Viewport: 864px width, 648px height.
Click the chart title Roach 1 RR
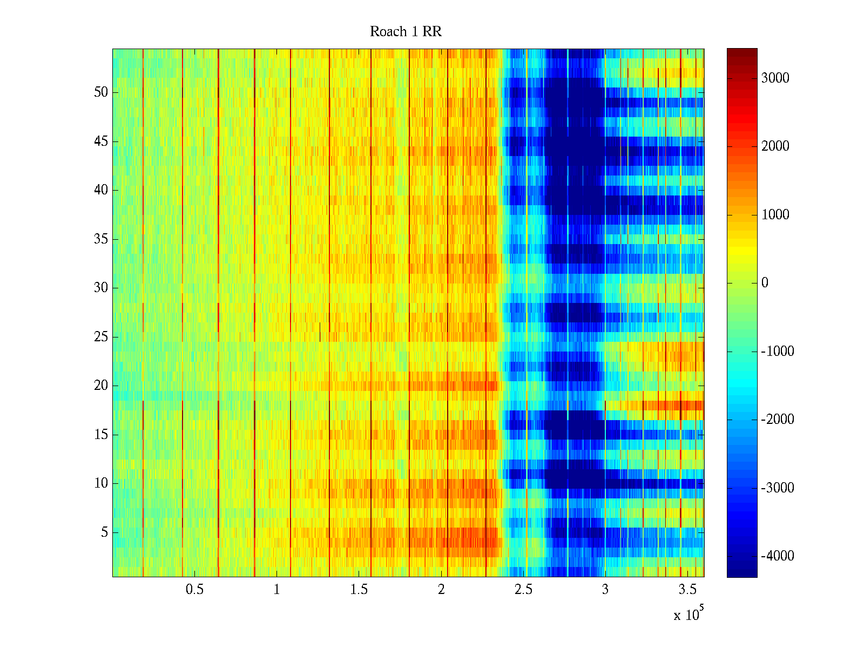pyautogui.click(x=406, y=32)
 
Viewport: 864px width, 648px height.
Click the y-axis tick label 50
pyautogui.click(x=101, y=92)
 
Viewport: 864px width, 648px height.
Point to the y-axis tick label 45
pyautogui.click(x=101, y=141)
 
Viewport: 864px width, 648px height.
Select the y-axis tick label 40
pyautogui.click(x=101, y=190)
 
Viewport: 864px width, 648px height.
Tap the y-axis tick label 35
pyautogui.click(x=101, y=239)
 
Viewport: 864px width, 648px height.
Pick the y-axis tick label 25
pyautogui.click(x=101, y=337)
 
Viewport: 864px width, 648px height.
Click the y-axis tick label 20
pyautogui.click(x=101, y=386)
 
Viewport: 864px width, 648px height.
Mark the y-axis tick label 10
pyautogui.click(x=101, y=483)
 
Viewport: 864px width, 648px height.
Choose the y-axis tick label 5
pyautogui.click(x=104, y=532)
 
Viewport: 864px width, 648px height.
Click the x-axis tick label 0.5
pyautogui.click(x=194, y=590)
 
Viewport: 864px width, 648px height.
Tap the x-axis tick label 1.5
pyautogui.click(x=359, y=590)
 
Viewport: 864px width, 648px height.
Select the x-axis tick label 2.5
pyautogui.click(x=523, y=590)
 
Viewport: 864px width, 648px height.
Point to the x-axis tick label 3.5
pyautogui.click(x=687, y=590)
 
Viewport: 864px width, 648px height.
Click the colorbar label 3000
pyautogui.click(x=775, y=78)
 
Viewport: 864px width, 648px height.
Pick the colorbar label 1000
pyautogui.click(x=775, y=215)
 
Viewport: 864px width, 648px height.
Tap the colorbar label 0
pyautogui.click(x=765, y=283)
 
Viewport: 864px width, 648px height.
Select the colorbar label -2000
pyautogui.click(x=778, y=420)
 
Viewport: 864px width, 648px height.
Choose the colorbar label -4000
pyautogui.click(x=778, y=556)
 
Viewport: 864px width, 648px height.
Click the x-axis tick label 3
pyautogui.click(x=605, y=590)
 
